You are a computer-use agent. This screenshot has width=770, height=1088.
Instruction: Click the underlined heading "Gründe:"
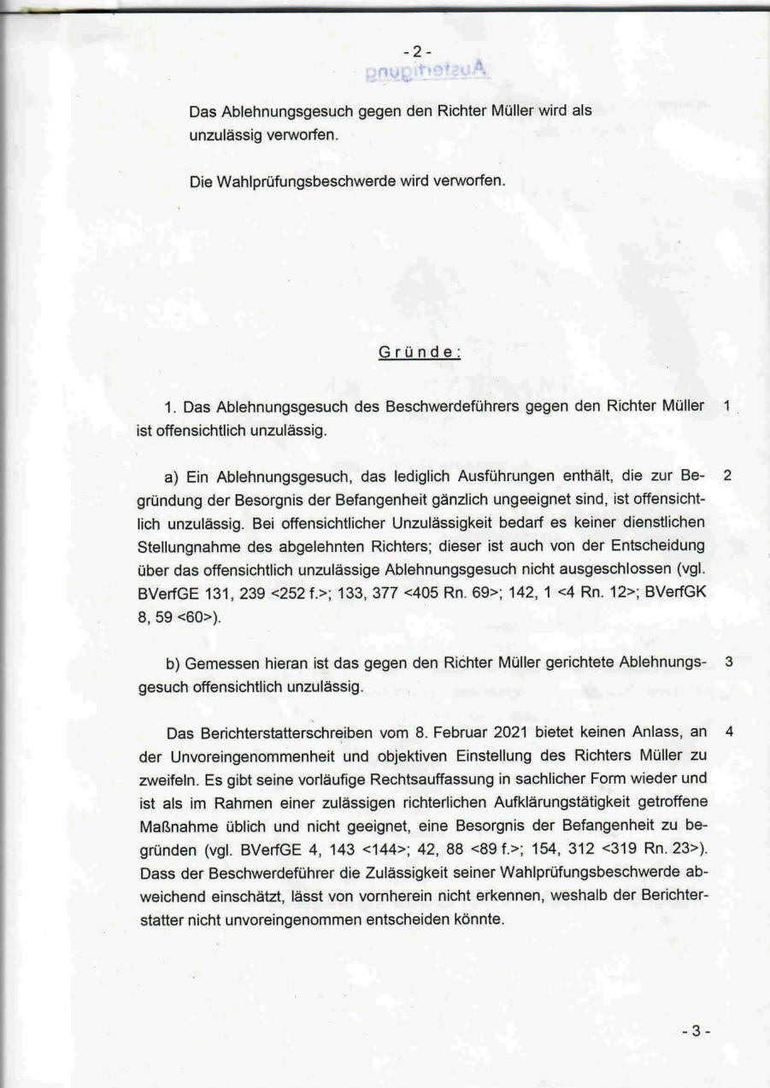pyautogui.click(x=420, y=351)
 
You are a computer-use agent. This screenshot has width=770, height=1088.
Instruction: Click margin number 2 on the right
pyautogui.click(x=727, y=474)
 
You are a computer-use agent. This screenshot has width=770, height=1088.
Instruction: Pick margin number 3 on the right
pyautogui.click(x=728, y=662)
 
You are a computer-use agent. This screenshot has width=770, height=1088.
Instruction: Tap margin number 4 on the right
pyautogui.click(x=728, y=732)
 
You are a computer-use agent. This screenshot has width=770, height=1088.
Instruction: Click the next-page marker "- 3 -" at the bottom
pyautogui.click(x=696, y=1031)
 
